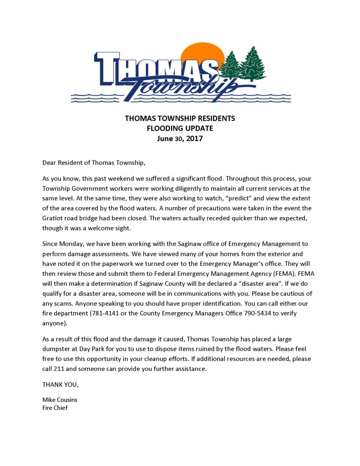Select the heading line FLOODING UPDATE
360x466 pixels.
pos(180,128)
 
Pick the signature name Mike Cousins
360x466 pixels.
pos(60,400)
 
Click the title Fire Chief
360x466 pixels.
pos(55,408)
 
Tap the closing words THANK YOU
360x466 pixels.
pos(60,385)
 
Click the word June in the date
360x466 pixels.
pos(166,139)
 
